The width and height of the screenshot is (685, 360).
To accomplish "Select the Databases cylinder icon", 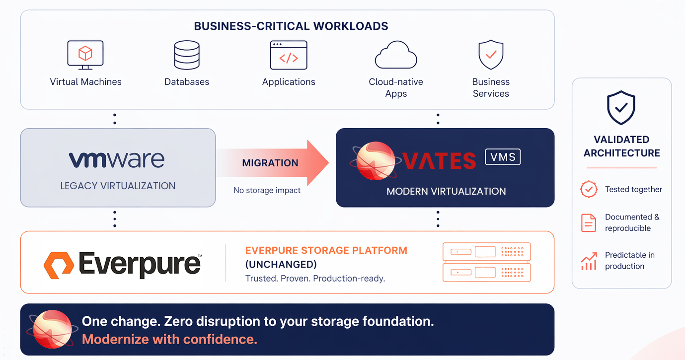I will click(x=187, y=55).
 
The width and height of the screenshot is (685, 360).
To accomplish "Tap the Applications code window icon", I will click(x=289, y=55).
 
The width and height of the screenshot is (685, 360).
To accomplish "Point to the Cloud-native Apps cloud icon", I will click(x=395, y=55).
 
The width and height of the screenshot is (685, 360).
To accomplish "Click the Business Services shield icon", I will click(x=491, y=55).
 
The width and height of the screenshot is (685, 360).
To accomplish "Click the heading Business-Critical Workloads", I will click(x=291, y=26).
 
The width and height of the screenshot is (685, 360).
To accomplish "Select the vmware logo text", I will click(x=117, y=160).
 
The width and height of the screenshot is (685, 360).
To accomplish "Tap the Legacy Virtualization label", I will click(x=118, y=186).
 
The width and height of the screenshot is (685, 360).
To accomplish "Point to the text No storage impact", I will click(x=267, y=190).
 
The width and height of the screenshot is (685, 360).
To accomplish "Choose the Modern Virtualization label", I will click(x=446, y=191).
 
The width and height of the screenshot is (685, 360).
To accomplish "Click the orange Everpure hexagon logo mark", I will click(x=59, y=264).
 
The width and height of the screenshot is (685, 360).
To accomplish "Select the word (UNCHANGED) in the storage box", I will click(x=281, y=264).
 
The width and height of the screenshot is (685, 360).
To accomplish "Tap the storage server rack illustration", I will click(x=486, y=262).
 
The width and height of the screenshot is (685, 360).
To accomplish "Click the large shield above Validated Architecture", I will click(x=621, y=108).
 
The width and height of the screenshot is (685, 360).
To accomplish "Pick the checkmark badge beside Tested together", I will click(x=589, y=189).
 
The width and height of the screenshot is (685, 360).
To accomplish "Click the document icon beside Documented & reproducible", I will click(x=589, y=223).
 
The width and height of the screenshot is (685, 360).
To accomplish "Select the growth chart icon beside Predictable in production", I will click(x=589, y=261).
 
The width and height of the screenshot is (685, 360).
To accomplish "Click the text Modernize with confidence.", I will click(x=169, y=340).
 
